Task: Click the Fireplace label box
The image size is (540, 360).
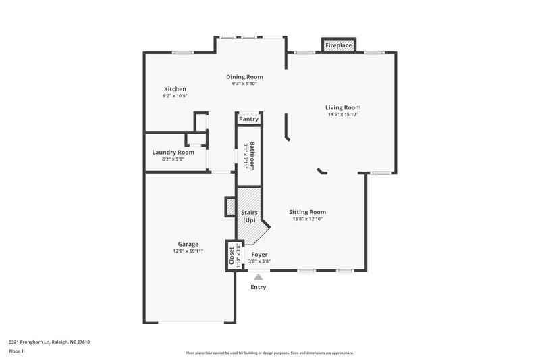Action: click(x=339, y=46)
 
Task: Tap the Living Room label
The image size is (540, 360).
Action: click(x=343, y=107)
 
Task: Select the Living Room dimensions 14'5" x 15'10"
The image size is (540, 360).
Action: click(x=343, y=115)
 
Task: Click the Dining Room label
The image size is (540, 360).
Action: click(x=244, y=77)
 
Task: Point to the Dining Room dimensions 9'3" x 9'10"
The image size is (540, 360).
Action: click(x=244, y=84)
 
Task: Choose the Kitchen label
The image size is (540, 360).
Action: click(x=175, y=89)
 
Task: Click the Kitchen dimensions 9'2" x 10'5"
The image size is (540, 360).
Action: click(x=175, y=97)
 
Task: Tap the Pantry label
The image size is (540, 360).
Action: click(x=248, y=119)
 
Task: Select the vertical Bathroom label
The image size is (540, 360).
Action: click(x=252, y=155)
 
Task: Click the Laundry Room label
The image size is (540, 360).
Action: click(x=173, y=153)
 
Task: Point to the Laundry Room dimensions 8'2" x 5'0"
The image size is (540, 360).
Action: click(x=173, y=160)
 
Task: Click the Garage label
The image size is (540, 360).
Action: click(x=188, y=244)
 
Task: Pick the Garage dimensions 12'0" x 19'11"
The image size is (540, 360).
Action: click(x=188, y=251)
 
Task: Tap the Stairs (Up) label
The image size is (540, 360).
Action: click(x=249, y=216)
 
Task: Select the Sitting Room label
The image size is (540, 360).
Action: click(x=308, y=212)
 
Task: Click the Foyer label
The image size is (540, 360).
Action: click(x=259, y=255)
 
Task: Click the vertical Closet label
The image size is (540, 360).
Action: click(x=232, y=256)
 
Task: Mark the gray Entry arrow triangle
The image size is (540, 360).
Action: click(x=258, y=276)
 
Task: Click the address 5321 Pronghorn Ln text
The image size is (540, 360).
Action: click(x=49, y=342)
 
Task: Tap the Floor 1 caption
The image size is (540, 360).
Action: click(x=16, y=352)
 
